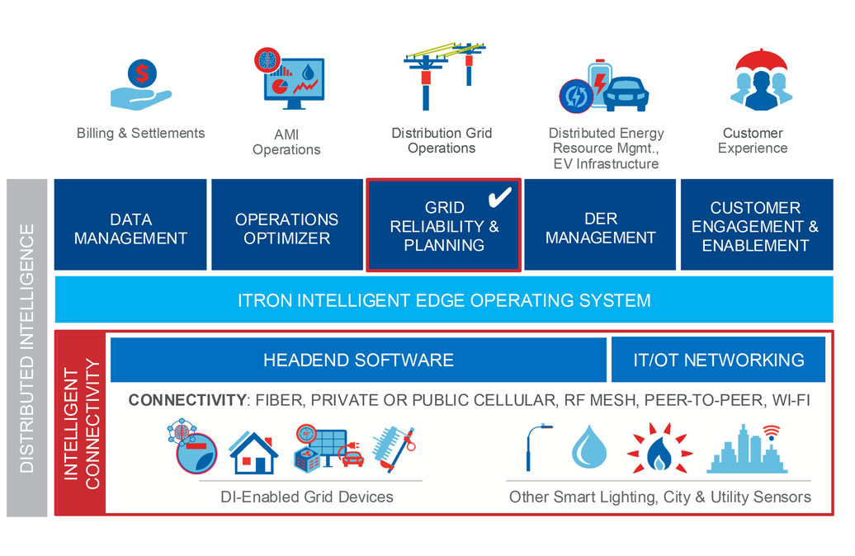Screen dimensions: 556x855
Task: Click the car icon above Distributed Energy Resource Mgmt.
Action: (625, 94)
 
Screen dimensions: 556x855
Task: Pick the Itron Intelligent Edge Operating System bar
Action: (444, 299)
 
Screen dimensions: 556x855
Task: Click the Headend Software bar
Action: (358, 360)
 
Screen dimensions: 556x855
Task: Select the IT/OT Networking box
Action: (718, 360)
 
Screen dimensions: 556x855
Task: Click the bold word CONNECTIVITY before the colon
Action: (187, 401)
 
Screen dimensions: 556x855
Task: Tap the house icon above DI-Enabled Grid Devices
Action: (253, 451)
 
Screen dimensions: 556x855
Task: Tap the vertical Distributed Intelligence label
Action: (27, 347)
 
